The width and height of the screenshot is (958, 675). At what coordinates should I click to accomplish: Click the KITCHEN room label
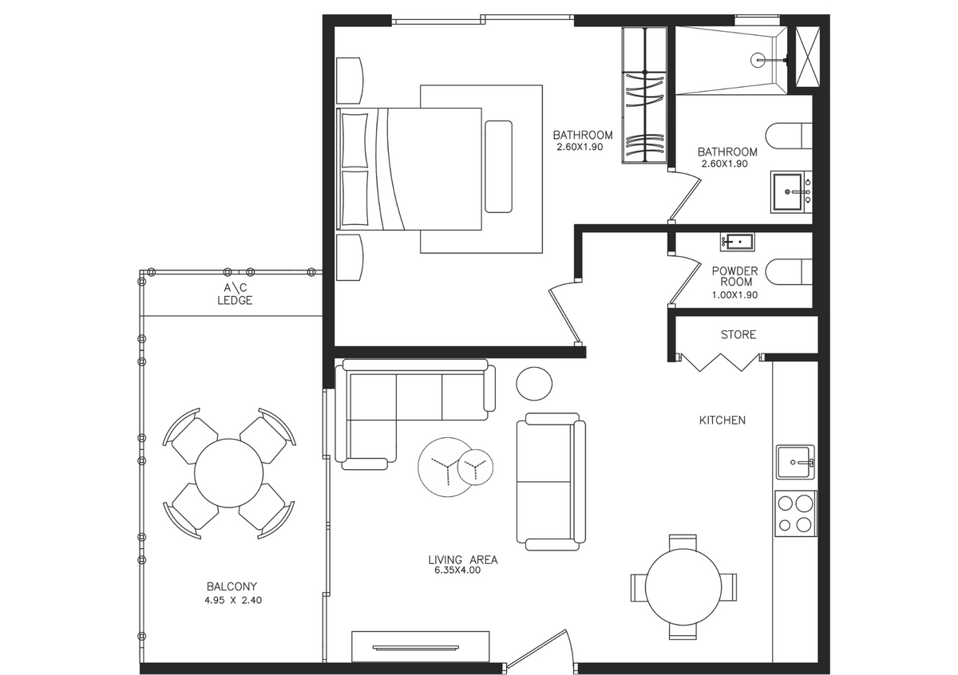tap(722, 420)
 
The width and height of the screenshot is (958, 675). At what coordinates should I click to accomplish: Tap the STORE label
tap(738, 334)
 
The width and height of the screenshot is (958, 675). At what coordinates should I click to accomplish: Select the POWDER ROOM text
tap(734, 276)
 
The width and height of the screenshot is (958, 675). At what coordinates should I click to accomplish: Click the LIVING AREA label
tap(463, 559)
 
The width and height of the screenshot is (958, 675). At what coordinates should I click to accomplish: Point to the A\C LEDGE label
tap(235, 294)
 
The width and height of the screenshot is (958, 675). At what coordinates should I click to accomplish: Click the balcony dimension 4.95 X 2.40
tap(233, 600)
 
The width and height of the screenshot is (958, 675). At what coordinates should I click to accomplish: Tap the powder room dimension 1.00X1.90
tap(734, 295)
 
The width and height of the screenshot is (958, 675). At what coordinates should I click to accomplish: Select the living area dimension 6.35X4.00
tap(457, 570)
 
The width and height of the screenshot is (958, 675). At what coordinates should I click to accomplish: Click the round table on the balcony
tap(229, 473)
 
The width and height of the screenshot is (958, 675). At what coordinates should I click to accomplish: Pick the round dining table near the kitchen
tap(683, 587)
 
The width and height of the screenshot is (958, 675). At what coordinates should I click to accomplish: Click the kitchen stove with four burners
tap(795, 513)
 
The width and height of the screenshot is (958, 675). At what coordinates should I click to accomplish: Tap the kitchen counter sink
tap(795, 462)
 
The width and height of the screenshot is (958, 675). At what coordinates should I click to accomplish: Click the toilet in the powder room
tap(789, 272)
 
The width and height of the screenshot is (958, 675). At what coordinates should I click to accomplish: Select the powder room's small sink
tap(738, 242)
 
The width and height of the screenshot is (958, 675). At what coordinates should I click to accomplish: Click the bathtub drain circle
tap(758, 61)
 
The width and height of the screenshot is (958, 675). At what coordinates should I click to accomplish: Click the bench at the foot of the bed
tap(498, 166)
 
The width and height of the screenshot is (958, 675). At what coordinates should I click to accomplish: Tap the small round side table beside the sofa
tap(534, 384)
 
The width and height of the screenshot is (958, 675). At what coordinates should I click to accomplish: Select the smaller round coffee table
tap(475, 468)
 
